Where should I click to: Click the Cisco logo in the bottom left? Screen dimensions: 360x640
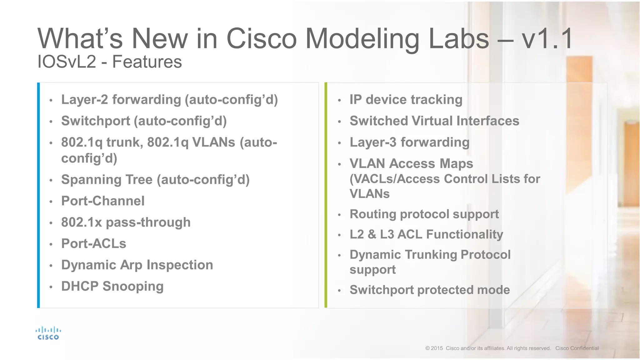pos(48,333)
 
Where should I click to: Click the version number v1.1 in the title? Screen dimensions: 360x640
pos(547,39)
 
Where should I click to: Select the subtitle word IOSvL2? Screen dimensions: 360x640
pos(67,62)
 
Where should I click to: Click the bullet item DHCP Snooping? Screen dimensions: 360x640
pos(112,286)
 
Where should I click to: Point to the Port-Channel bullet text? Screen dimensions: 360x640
pos(103,201)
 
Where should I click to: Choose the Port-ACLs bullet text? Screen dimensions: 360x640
pos(93,244)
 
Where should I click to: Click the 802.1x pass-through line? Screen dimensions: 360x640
pos(126,222)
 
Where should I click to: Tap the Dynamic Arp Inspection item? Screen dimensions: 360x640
pos(137,265)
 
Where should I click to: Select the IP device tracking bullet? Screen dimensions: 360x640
pos(406,100)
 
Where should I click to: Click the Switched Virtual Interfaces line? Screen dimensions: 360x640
pos(434,121)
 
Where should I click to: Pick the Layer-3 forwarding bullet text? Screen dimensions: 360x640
pos(409,142)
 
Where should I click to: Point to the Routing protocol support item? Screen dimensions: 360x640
pos(424,214)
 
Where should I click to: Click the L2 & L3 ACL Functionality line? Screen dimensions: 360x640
pos(426,234)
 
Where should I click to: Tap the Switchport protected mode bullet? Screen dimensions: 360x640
pos(429,290)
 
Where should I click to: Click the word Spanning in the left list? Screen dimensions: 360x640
pos(91,180)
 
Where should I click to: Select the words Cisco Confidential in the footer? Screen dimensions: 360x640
pos(577,348)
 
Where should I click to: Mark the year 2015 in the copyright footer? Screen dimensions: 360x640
pos(437,348)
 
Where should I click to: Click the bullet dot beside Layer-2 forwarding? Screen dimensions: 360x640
pos(51,101)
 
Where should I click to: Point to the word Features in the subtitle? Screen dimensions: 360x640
pos(147,62)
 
